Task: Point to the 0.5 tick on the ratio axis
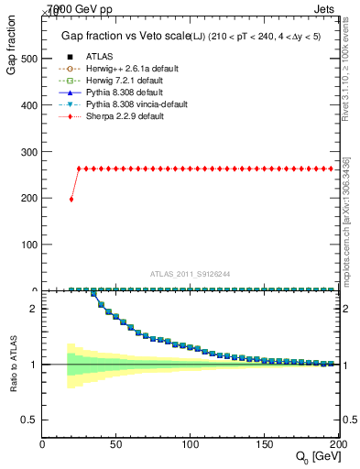pyautogui.click(x=30, y=420)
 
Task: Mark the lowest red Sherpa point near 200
pyautogui.click(x=71, y=199)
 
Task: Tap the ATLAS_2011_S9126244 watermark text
pyautogui.click(x=191, y=274)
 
